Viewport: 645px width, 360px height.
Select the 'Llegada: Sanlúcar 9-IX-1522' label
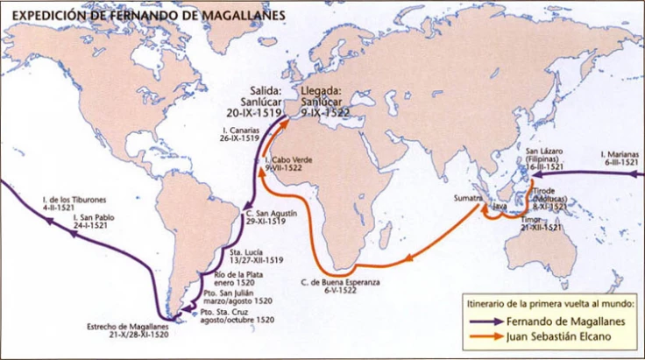pos(326,102)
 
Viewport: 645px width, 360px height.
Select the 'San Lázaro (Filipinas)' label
pos(544,159)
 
